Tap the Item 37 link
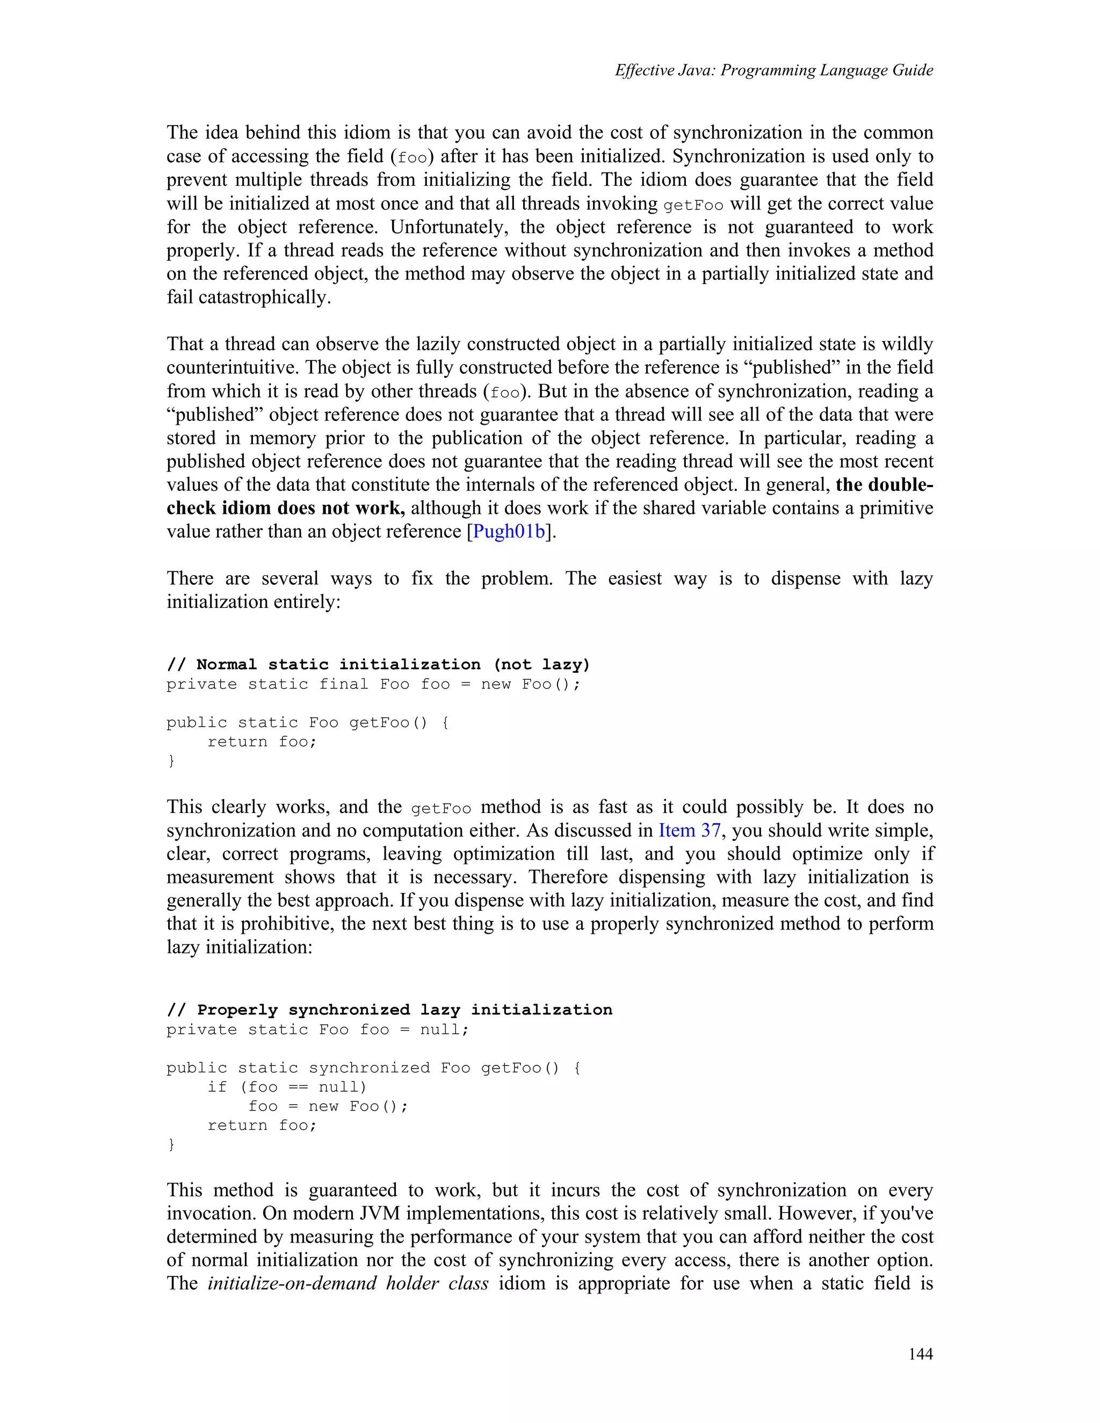click(690, 830)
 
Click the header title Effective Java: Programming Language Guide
click(773, 70)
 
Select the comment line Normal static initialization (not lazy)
click(378, 665)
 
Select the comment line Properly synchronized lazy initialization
click(389, 1010)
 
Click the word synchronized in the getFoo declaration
click(369, 1068)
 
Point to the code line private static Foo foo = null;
click(317, 1029)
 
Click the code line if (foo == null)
click(287, 1087)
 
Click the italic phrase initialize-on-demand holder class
click(348, 1283)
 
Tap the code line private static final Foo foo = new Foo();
click(373, 684)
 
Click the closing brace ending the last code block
click(171, 1144)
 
